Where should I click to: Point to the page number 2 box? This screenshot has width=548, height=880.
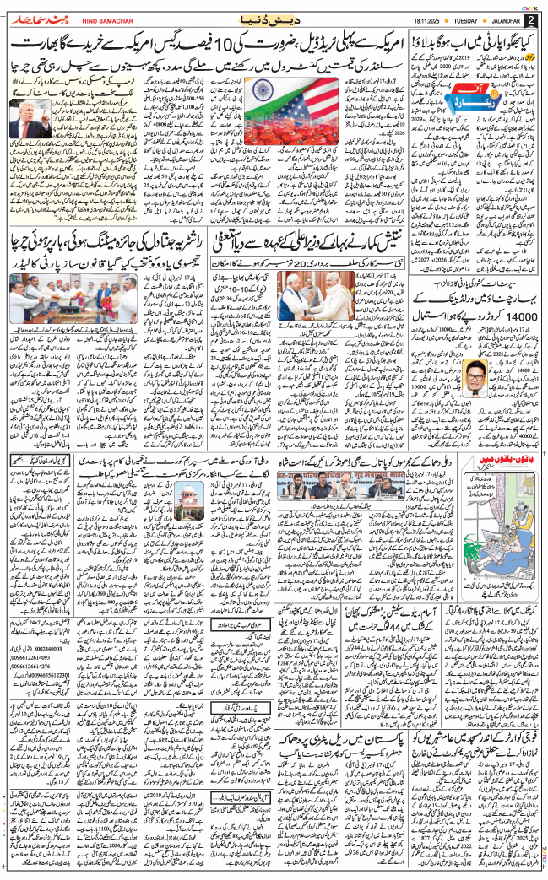click(x=529, y=19)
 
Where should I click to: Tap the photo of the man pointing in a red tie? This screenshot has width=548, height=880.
click(x=30, y=117)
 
